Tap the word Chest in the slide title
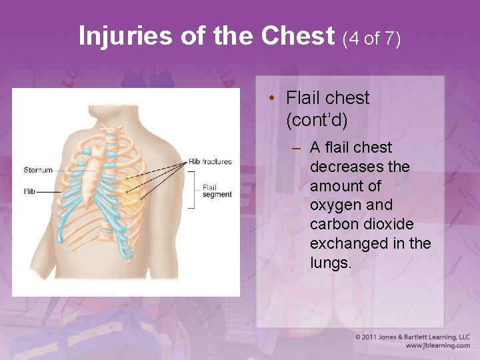click(x=298, y=36)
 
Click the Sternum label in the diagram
click(x=38, y=170)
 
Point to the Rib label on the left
click(x=29, y=192)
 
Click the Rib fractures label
click(x=210, y=161)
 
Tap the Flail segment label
click(x=217, y=191)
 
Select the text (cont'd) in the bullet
click(x=317, y=121)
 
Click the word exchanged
click(x=348, y=244)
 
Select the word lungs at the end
click(x=330, y=263)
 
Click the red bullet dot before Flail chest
click(x=273, y=99)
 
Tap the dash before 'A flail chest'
click(x=296, y=147)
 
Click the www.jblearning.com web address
click(x=438, y=345)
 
